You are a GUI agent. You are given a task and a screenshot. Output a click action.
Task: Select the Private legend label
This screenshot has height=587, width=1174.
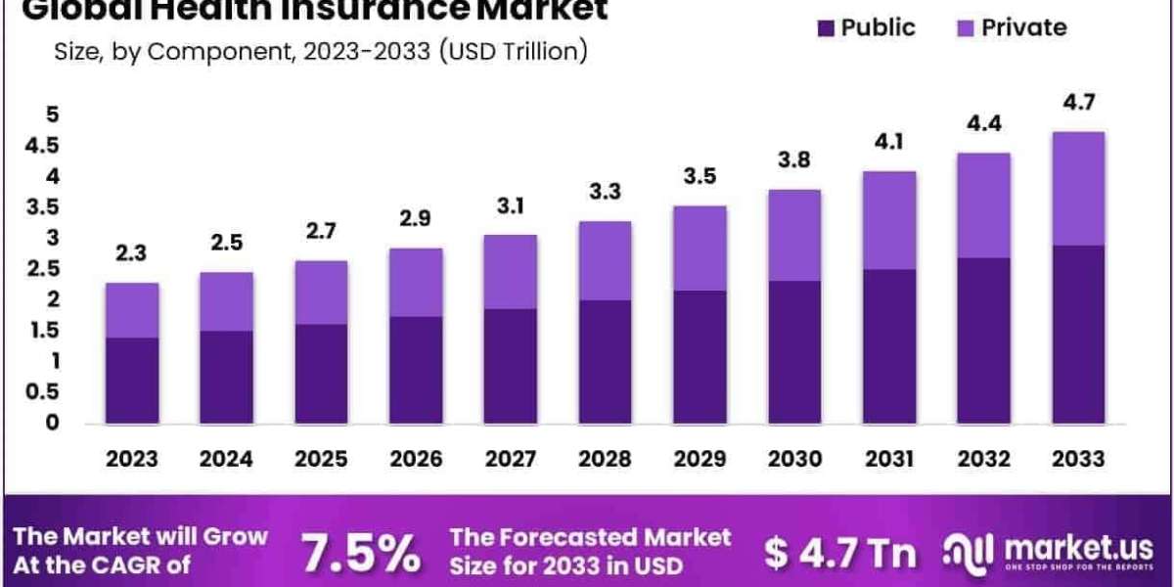(1024, 26)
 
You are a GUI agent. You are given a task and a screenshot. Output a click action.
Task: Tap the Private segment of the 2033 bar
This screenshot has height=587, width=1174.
(1078, 188)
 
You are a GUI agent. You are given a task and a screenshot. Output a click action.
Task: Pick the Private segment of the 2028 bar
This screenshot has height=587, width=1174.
(605, 260)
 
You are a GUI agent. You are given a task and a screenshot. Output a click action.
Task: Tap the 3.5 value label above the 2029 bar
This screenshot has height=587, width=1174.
(700, 176)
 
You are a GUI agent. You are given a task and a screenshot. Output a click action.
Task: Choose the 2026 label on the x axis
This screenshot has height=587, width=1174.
(416, 458)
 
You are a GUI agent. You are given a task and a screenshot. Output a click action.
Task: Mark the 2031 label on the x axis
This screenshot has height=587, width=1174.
(888, 458)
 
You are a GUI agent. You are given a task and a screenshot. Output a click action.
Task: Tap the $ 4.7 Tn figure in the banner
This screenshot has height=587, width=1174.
(839, 554)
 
